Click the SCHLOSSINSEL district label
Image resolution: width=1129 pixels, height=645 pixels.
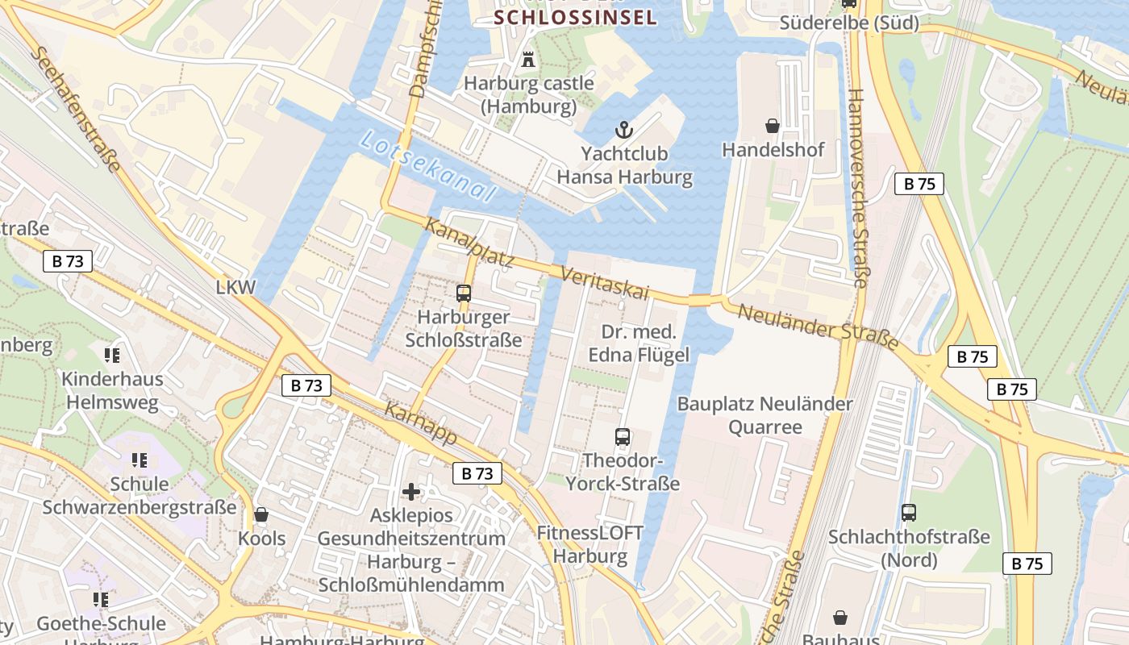[x=575, y=17]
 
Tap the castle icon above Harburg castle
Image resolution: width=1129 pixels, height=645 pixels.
[x=529, y=59]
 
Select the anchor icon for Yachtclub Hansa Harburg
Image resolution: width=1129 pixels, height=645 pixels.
[x=623, y=129]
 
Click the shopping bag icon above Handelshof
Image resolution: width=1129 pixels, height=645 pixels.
[x=773, y=126]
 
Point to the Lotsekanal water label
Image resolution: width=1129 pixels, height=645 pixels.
[x=427, y=165]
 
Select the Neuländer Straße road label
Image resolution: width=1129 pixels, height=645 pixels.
[x=818, y=326]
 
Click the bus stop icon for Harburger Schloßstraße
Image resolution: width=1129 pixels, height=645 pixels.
[x=464, y=293]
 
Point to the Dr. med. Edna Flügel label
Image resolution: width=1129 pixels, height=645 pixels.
[x=638, y=343]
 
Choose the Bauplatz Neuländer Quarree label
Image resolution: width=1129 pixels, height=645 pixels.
[x=764, y=415]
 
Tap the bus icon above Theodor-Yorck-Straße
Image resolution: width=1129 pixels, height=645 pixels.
[x=623, y=437]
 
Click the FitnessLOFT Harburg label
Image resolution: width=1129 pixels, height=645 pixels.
[x=590, y=544]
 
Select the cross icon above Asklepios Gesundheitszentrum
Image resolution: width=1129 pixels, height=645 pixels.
[x=411, y=491]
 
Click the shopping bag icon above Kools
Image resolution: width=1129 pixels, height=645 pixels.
[x=261, y=514]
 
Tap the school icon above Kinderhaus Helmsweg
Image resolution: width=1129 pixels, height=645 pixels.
[x=112, y=355]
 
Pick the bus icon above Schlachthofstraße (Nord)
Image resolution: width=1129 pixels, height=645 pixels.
[x=909, y=512]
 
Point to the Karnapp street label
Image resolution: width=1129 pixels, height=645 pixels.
[x=421, y=424]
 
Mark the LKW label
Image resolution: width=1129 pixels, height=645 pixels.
[x=235, y=287]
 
